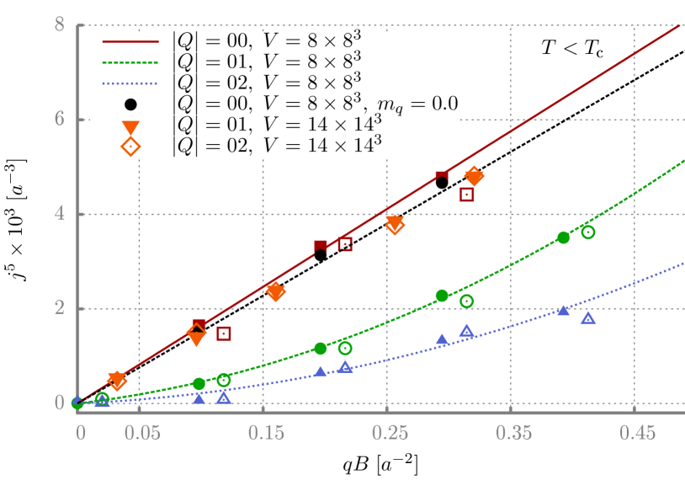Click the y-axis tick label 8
point(60,25)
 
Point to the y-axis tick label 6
point(60,120)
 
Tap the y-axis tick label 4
point(60,214)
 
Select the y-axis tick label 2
point(60,308)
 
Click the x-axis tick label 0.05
point(142,434)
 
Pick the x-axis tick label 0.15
point(266,434)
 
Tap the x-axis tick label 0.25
point(390,434)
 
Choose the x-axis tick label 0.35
point(513,434)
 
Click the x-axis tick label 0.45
point(637,434)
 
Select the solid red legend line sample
point(130,41)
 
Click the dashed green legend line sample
point(130,62)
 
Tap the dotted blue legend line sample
point(130,83)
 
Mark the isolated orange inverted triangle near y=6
point(130,128)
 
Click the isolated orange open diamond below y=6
point(130,147)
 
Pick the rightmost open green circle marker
point(587,232)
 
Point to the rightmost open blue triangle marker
point(587,318)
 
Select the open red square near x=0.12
point(224,333)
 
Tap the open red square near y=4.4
point(467,195)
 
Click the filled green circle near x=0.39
point(563,237)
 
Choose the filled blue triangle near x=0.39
point(563,310)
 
